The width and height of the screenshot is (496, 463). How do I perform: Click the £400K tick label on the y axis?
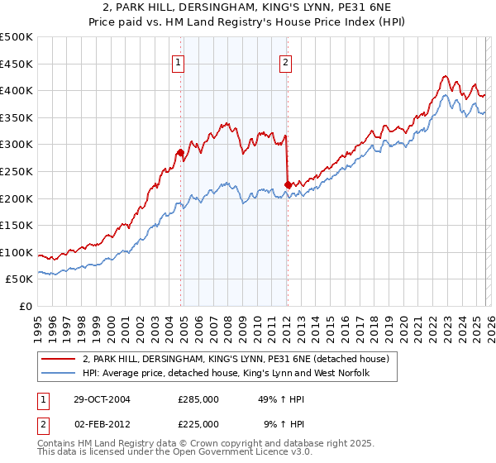point(17,91)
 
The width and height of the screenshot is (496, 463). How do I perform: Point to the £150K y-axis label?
point(17,226)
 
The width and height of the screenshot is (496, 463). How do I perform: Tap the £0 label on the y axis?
point(26,307)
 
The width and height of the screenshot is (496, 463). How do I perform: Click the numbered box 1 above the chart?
point(179,60)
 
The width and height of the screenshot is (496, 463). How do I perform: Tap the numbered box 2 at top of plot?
point(285,60)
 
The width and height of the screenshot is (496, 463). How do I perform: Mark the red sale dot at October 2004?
point(180,152)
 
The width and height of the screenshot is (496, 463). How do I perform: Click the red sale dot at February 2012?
point(287,184)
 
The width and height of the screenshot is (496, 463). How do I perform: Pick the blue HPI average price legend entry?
point(225,374)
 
